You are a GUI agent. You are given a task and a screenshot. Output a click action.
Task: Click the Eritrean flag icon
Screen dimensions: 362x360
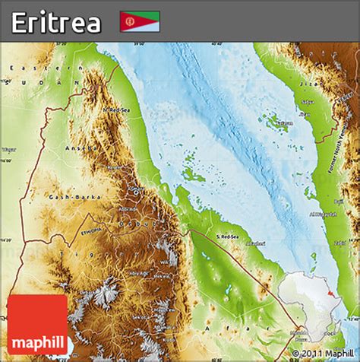pos(140,21)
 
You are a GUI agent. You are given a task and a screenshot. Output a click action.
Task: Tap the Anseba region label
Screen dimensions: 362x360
pos(78,148)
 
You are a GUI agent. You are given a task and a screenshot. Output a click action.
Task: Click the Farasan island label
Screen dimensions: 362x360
pos(284,122)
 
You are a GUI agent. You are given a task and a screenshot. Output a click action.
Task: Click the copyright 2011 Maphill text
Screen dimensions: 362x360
pos(324,353)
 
